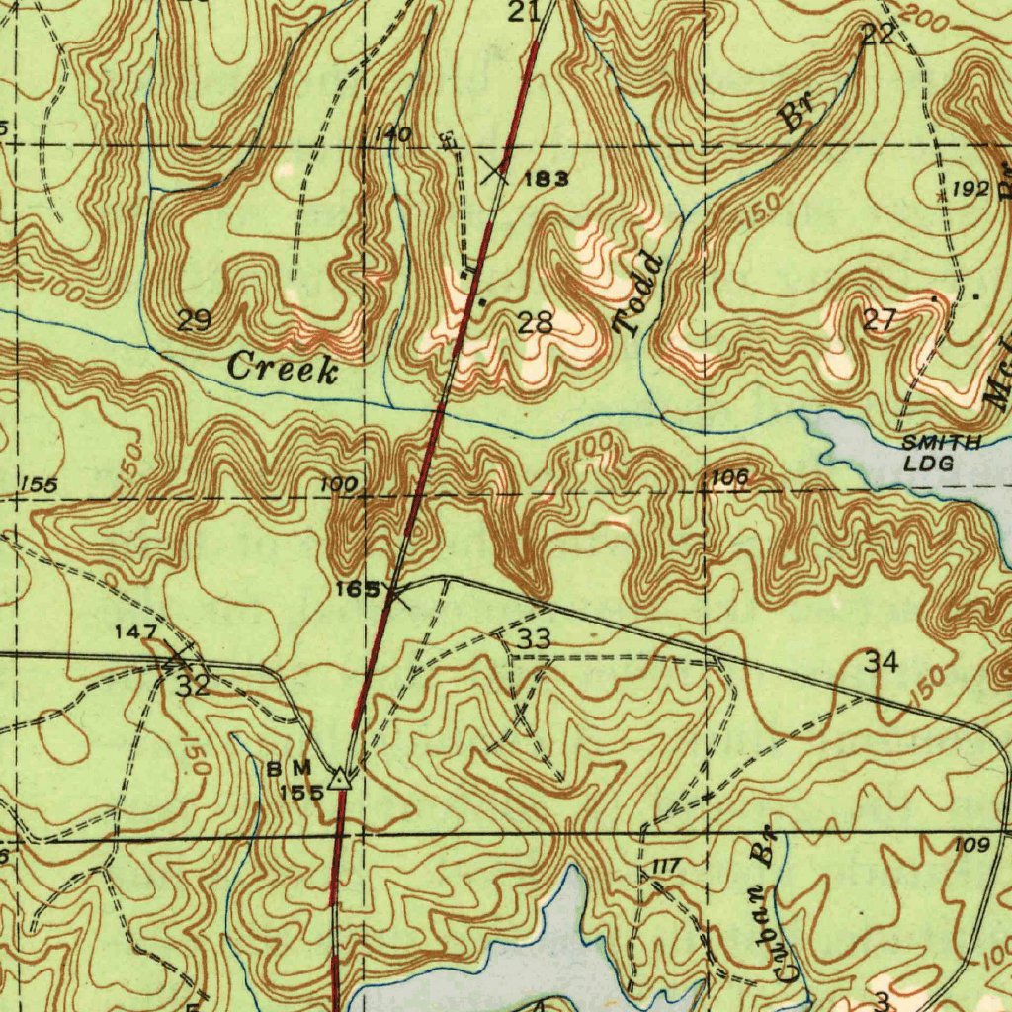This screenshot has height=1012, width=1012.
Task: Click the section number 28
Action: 535,321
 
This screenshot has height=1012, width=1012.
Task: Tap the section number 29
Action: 194,320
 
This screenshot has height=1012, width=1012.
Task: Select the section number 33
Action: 534,639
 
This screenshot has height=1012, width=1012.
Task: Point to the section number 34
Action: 881,662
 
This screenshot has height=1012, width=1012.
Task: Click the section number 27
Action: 879,319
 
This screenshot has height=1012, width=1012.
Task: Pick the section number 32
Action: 193,686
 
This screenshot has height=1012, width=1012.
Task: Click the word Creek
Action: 283,369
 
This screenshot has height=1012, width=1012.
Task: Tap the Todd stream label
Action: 638,294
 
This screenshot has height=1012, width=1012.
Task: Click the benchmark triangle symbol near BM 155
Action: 340,780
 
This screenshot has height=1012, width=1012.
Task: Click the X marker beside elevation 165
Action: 397,594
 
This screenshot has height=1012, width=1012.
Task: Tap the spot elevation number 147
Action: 135,631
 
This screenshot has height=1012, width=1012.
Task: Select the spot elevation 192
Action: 970,190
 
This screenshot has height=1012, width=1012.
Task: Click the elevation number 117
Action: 667,867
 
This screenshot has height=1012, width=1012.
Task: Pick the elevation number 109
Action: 971,845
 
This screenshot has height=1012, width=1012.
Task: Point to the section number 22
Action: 878,35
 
